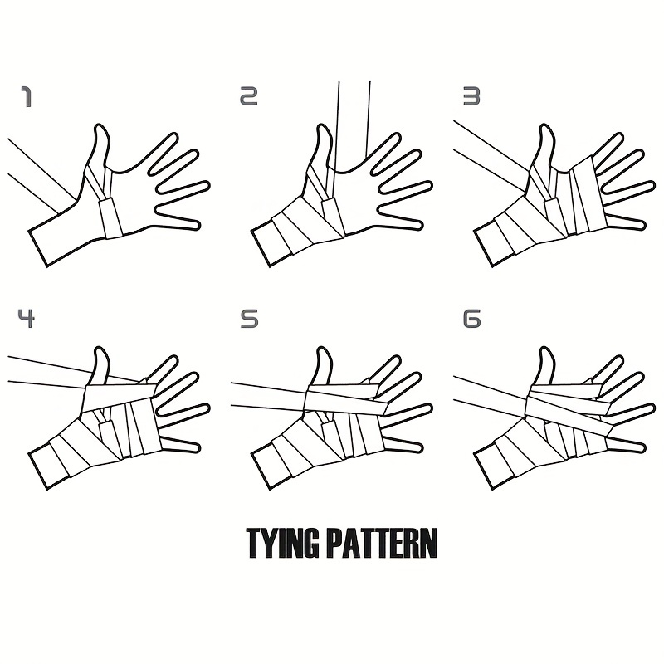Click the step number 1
pos(27,97)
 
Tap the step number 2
pos(249,96)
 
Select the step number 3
pos(471,96)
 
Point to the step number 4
pos(27,319)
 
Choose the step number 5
pos(249,319)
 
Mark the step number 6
pos(472,319)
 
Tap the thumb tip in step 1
pos(100,125)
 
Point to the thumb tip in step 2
pos(322,125)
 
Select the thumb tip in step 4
pos(100,348)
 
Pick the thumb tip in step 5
pos(322,348)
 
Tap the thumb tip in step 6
pos(545,348)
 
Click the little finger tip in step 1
pos(198,224)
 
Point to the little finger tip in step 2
pos(420,224)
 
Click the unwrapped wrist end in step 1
pos(38,248)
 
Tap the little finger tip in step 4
pos(198,447)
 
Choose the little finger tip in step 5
pos(420,447)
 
